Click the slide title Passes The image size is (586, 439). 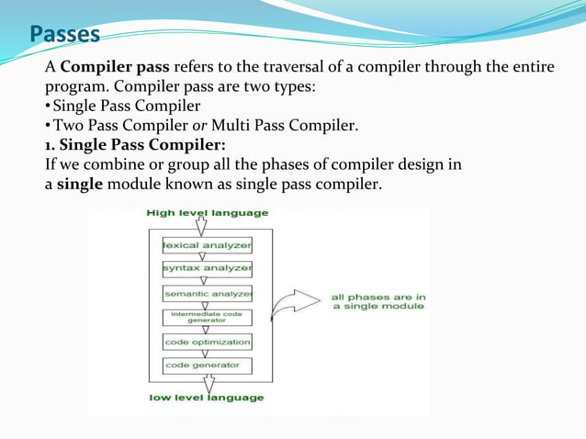point(63,35)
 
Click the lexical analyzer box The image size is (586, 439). point(207,246)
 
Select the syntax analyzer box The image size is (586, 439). point(207,268)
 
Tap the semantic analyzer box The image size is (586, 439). point(207,294)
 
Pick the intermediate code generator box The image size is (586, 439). point(207,317)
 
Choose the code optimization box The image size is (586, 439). point(207,342)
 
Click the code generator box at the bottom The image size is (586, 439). point(207,365)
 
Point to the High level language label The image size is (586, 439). point(208,213)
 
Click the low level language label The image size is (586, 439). point(206,398)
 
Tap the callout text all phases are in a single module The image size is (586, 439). point(378,301)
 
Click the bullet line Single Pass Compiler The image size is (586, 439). point(126,107)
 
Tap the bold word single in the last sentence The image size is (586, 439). point(81,185)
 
